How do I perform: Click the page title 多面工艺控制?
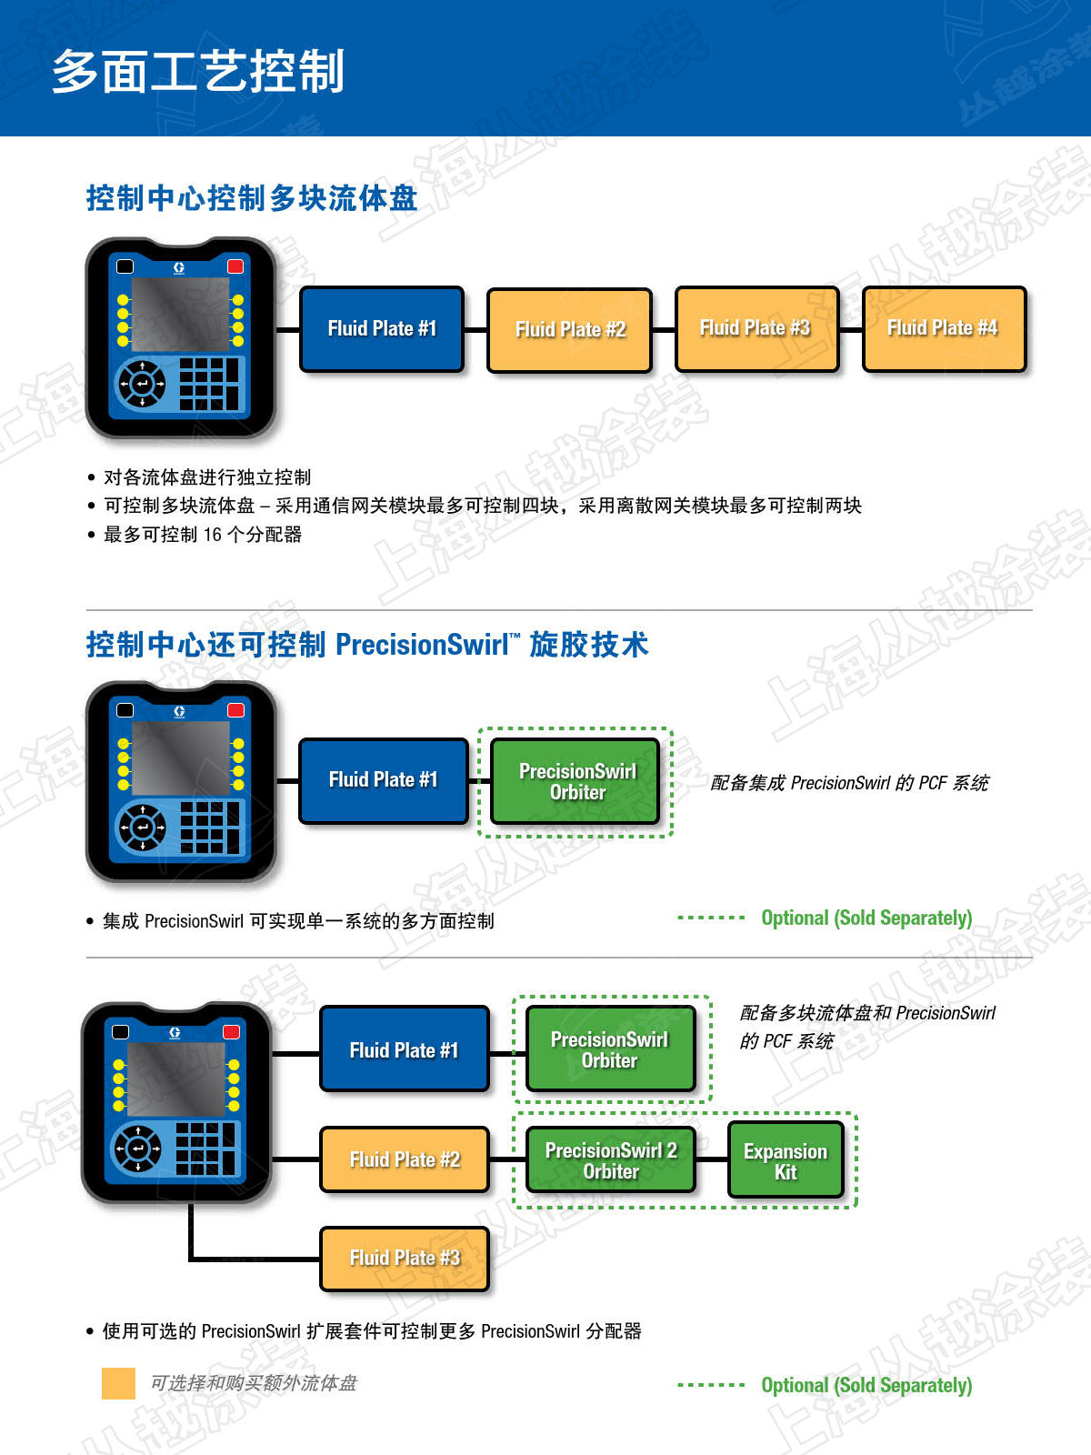click(198, 71)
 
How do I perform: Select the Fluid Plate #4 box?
click(944, 329)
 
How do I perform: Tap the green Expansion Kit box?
click(786, 1161)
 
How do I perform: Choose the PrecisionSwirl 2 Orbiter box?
click(611, 1160)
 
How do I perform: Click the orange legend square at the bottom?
click(118, 1383)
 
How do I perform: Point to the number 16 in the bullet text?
click(212, 535)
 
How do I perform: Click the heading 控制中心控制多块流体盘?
click(252, 197)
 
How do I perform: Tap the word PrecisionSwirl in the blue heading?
click(422, 645)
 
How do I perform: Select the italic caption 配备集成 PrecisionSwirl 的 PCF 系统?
click(849, 783)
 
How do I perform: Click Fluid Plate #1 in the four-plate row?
click(382, 329)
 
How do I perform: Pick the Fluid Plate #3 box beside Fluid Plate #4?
click(756, 329)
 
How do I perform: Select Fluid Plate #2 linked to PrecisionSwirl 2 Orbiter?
click(405, 1159)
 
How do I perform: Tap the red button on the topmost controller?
click(235, 266)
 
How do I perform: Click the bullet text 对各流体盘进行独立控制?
click(207, 477)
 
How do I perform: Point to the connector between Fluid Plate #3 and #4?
click(850, 329)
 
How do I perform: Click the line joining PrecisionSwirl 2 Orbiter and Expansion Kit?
click(712, 1159)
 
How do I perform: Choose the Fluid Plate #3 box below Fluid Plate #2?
click(405, 1259)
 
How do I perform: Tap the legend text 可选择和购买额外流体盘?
click(254, 1383)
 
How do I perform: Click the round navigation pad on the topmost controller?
click(142, 384)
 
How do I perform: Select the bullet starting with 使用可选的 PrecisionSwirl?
click(372, 1331)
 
